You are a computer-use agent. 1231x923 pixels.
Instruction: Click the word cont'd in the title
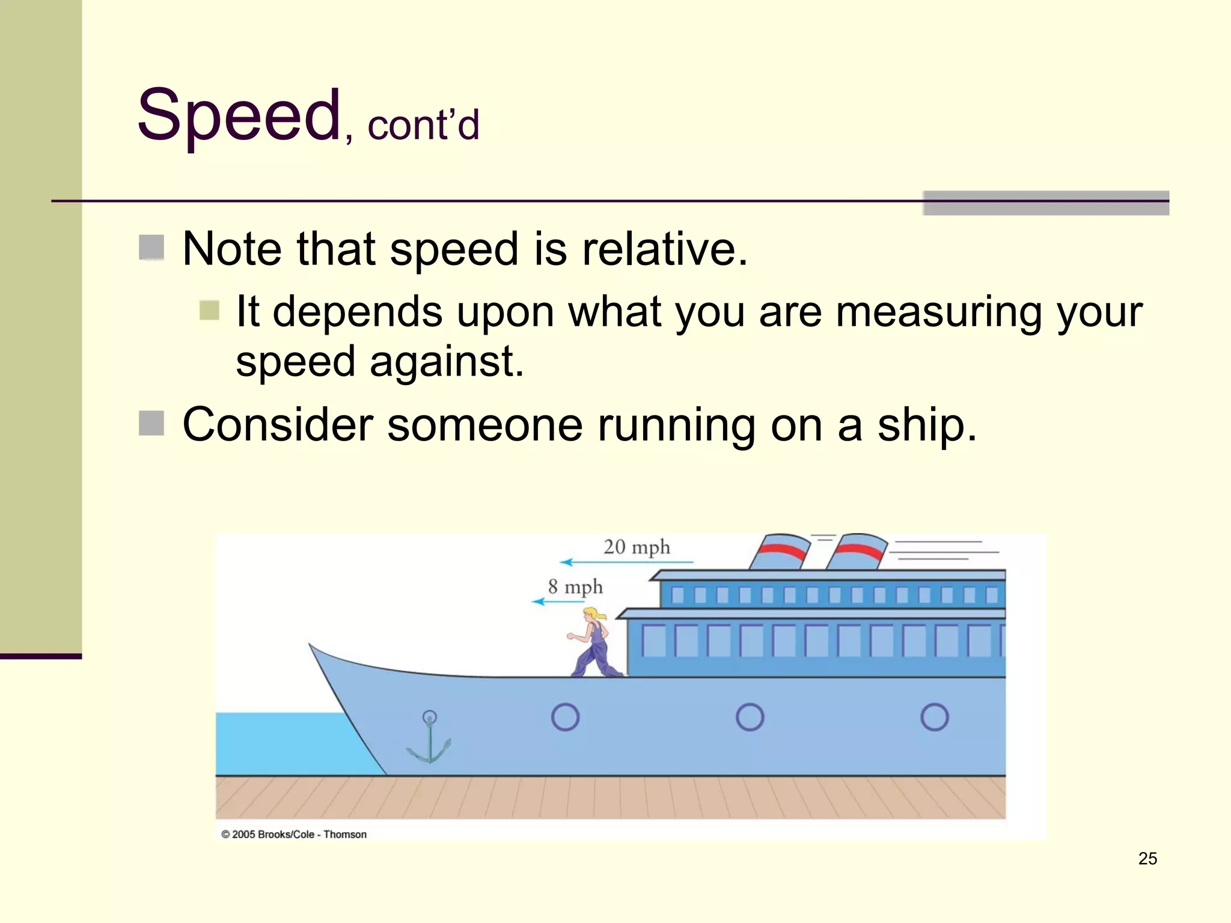pyautogui.click(x=423, y=126)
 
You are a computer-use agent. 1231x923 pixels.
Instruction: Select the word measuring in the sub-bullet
pyautogui.click(x=938, y=312)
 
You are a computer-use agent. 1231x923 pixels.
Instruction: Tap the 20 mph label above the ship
pyautogui.click(x=636, y=547)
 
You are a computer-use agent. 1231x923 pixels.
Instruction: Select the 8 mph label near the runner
pyautogui.click(x=575, y=586)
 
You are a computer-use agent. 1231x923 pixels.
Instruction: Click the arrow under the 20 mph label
pyautogui.click(x=626, y=562)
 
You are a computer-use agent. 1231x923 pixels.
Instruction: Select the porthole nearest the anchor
pyautogui.click(x=565, y=717)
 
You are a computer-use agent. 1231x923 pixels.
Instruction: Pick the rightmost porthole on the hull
pyautogui.click(x=934, y=717)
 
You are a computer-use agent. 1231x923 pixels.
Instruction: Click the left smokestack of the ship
pyautogui.click(x=780, y=552)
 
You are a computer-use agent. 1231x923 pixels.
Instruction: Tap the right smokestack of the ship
pyautogui.click(x=857, y=552)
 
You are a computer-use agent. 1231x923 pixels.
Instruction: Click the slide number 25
pyautogui.click(x=1147, y=859)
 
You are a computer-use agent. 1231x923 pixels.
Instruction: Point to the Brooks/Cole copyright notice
pyautogui.click(x=294, y=834)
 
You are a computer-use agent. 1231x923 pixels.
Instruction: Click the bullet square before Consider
pyautogui.click(x=151, y=423)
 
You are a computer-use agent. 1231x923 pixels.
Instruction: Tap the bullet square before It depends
pyautogui.click(x=209, y=310)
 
